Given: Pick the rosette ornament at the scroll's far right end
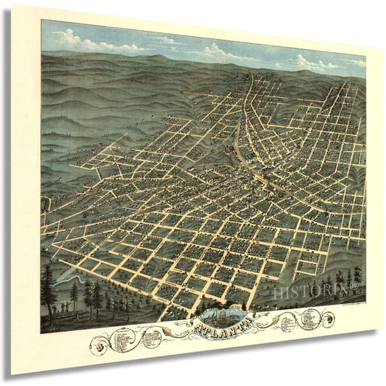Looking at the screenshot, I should (x=329, y=320).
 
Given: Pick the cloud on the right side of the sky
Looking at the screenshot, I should (x=317, y=64).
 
